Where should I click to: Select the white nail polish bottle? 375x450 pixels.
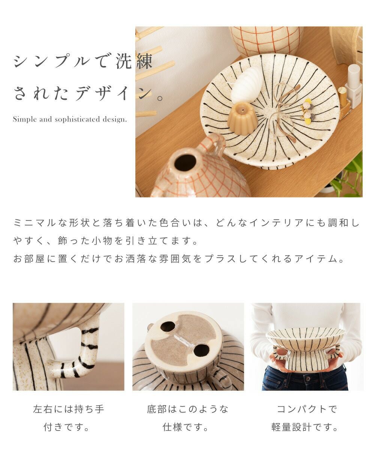(354, 86)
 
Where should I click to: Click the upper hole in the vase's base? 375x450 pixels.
(168, 327)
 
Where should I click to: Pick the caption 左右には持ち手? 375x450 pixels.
(69, 409)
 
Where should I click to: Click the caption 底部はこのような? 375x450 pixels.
(187, 409)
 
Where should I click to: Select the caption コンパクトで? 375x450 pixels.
(306, 409)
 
